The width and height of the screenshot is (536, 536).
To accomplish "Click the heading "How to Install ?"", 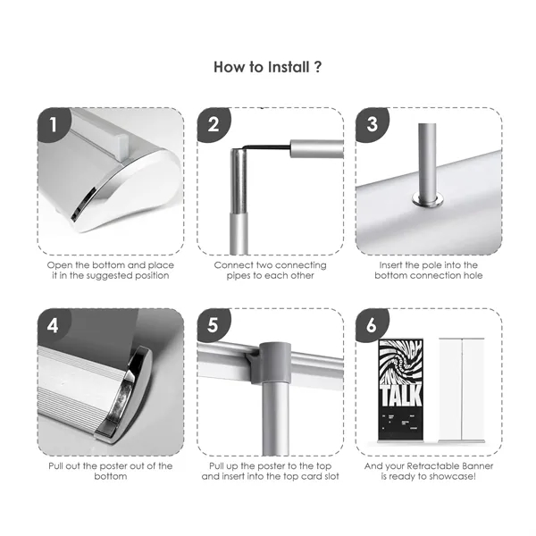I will click(268, 67).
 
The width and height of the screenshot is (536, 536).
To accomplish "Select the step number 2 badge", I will click(213, 125).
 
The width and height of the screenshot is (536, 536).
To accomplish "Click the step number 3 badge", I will click(372, 125).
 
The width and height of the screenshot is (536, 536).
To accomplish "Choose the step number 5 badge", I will click(213, 325).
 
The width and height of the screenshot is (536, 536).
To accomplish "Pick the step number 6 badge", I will click(372, 325).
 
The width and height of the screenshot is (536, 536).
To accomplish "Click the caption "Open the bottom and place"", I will click(110, 265).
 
